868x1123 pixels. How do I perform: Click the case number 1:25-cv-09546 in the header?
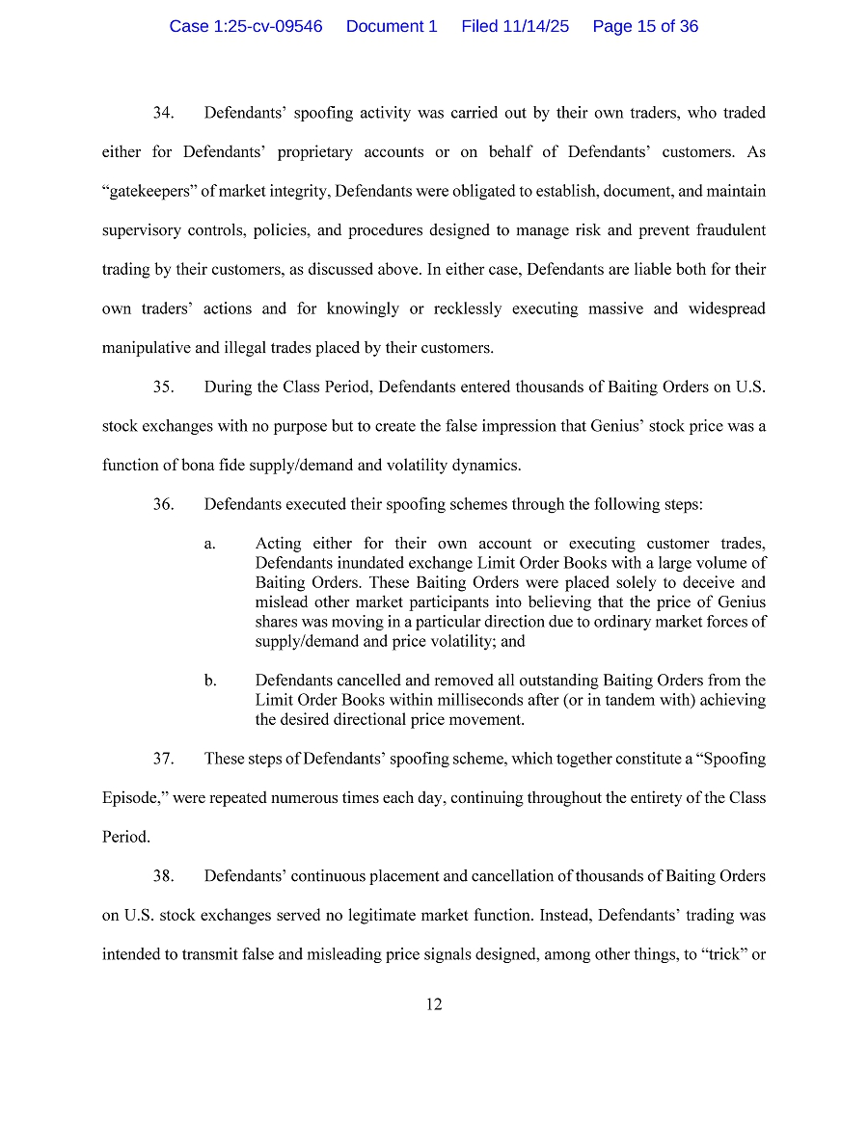pyautogui.click(x=246, y=27)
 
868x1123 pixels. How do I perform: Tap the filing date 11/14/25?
pyautogui.click(x=515, y=27)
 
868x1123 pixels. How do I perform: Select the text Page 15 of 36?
pyautogui.click(x=645, y=27)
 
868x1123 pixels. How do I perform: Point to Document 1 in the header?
pyautogui.click(x=392, y=27)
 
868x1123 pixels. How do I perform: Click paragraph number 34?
pyautogui.click(x=163, y=114)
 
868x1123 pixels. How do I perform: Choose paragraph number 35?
pyautogui.click(x=163, y=388)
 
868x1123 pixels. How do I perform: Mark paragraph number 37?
pyautogui.click(x=163, y=759)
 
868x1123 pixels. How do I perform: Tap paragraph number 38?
pyautogui.click(x=163, y=876)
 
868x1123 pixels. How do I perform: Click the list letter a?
pyautogui.click(x=209, y=545)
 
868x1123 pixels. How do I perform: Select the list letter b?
pyautogui.click(x=209, y=682)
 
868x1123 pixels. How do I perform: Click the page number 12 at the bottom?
pyautogui.click(x=434, y=1004)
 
